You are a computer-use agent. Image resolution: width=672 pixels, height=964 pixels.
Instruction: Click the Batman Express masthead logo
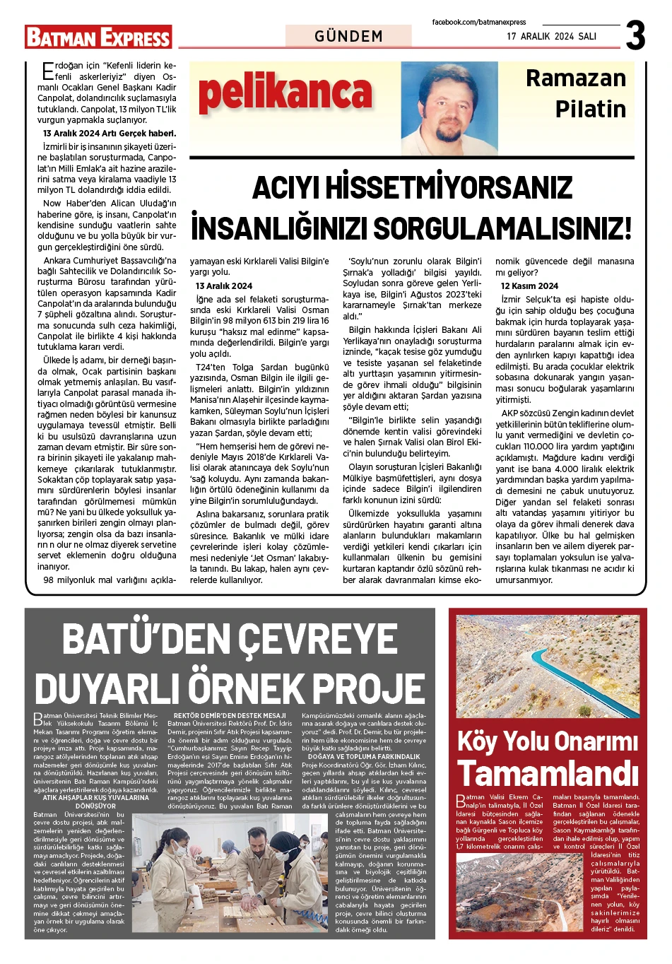pos(98,37)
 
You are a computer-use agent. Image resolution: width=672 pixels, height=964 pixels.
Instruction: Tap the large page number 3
pos(635,35)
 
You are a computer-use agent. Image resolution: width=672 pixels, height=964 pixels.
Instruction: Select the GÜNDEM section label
pos(348,36)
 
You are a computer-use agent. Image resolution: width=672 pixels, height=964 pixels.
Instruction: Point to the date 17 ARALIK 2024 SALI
pos(551,36)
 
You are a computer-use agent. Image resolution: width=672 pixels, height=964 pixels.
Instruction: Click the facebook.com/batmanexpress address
pos(479,23)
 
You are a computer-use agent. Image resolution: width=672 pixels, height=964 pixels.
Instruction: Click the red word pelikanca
pos(285,94)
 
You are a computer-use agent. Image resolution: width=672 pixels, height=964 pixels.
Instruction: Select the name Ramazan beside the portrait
pos(575,78)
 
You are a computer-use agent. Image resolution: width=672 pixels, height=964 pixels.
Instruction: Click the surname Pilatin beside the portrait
pos(590,110)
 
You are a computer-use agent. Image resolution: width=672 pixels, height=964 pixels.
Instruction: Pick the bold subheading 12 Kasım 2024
pos(529,286)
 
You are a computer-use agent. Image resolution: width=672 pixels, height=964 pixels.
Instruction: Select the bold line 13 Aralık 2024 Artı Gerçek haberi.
pos(110,134)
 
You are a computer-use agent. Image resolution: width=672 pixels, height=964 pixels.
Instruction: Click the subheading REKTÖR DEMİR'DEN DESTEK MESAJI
pos(230,716)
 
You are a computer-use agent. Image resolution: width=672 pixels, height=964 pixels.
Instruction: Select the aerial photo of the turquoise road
pos(548,666)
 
